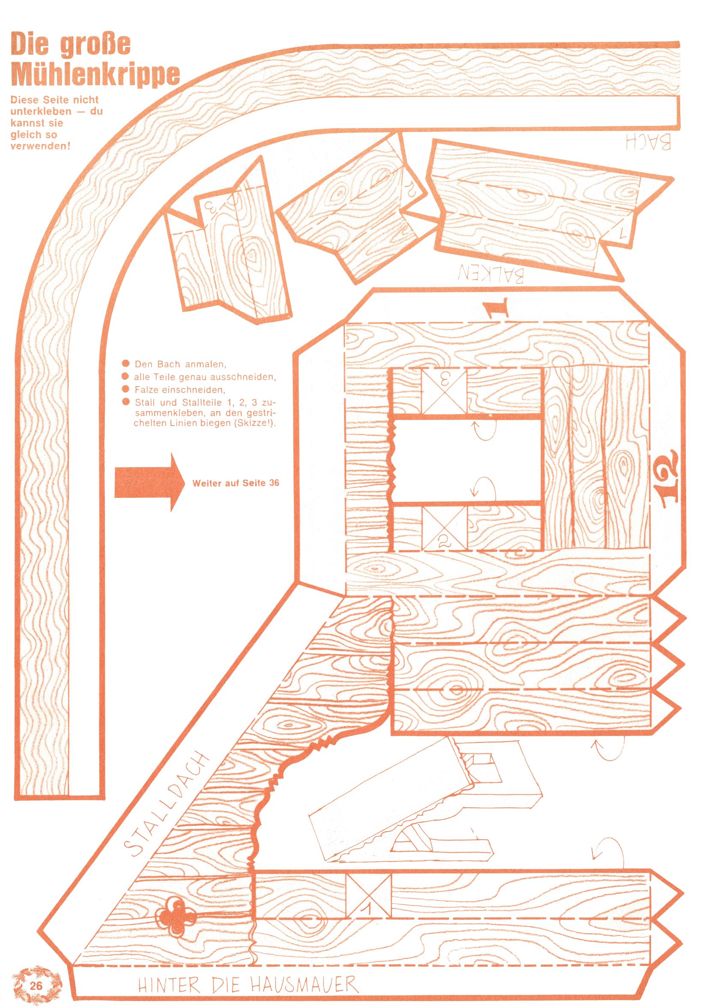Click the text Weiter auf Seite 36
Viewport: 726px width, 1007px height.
(x=236, y=483)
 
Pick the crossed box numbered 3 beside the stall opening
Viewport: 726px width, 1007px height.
(x=444, y=391)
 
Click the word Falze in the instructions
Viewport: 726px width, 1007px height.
(x=146, y=390)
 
